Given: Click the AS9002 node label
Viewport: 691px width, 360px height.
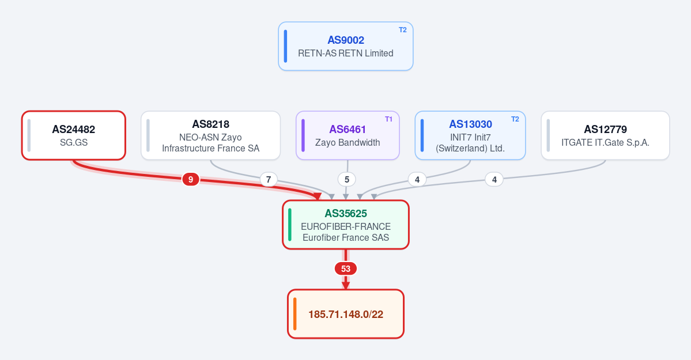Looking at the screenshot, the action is point(346,40).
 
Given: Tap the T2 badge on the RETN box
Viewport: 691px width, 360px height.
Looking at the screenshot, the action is point(403,30).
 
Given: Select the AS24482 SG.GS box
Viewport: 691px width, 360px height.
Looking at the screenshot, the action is point(74,135).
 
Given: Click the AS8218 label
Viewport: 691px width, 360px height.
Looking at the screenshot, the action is point(211,124).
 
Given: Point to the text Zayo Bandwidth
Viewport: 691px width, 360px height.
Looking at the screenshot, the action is point(348,142).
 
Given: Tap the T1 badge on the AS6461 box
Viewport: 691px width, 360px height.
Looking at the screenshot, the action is point(388,119).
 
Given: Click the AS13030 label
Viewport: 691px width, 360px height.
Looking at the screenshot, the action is point(470,124).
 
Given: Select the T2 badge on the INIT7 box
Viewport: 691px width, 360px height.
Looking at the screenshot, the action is point(515,119).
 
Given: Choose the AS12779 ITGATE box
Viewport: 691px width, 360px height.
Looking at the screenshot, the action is point(605,135).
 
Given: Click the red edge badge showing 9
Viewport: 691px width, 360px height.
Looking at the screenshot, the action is point(190,179).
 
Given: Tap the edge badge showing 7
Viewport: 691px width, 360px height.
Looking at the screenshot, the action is point(269,179).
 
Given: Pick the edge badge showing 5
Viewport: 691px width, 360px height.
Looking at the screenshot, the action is point(347,179).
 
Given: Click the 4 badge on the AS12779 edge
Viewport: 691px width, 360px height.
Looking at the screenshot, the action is point(494,179).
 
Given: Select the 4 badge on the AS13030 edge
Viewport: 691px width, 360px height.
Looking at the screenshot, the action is point(417,179).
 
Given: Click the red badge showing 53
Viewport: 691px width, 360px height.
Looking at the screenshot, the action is point(346,269).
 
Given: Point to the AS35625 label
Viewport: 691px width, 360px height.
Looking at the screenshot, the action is point(346,214).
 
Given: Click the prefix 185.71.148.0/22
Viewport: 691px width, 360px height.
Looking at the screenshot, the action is point(346,314).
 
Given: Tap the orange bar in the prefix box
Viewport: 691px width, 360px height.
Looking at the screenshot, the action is point(295,314).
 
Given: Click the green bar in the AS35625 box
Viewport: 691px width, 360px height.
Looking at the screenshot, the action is point(289,225).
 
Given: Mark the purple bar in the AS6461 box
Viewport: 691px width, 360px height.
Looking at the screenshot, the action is point(303,135).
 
